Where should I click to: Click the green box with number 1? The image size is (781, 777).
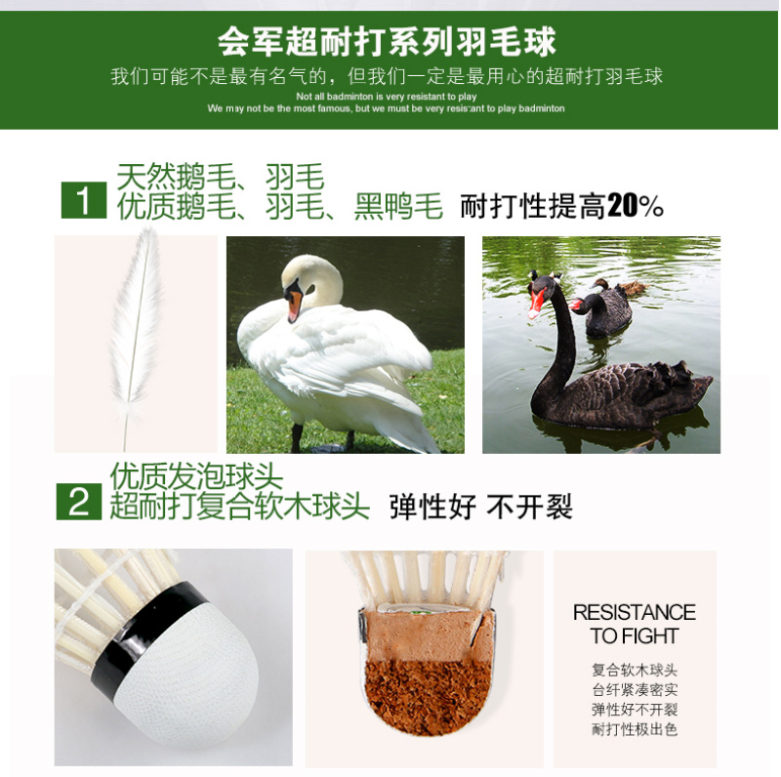(x=84, y=200)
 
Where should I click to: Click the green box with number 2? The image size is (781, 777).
(x=79, y=502)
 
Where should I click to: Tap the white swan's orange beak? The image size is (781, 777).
(x=295, y=305)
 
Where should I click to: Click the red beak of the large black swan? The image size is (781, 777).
(x=536, y=303)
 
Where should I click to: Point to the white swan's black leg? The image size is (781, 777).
(x=297, y=437)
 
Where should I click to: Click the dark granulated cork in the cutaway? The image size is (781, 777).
(x=430, y=697)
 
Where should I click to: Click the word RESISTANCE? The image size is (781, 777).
(x=634, y=613)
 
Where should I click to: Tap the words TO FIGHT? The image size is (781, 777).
(x=634, y=636)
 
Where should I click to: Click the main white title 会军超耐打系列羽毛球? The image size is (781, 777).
(x=387, y=42)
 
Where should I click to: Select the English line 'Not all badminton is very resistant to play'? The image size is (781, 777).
(x=386, y=96)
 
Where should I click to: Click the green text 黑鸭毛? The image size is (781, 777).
(x=398, y=206)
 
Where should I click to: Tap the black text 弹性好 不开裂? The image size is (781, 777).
(x=481, y=507)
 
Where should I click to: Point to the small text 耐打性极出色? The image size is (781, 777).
(x=635, y=729)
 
